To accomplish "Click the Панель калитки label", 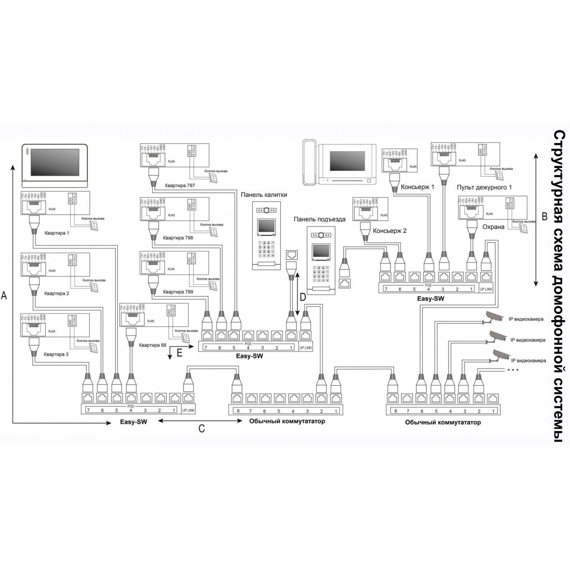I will [264, 195].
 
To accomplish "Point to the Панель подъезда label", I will [319, 219].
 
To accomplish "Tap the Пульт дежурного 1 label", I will [484, 187].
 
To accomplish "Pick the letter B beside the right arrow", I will [545, 216].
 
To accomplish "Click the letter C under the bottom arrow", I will [201, 428].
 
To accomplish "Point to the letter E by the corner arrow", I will [179, 352].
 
